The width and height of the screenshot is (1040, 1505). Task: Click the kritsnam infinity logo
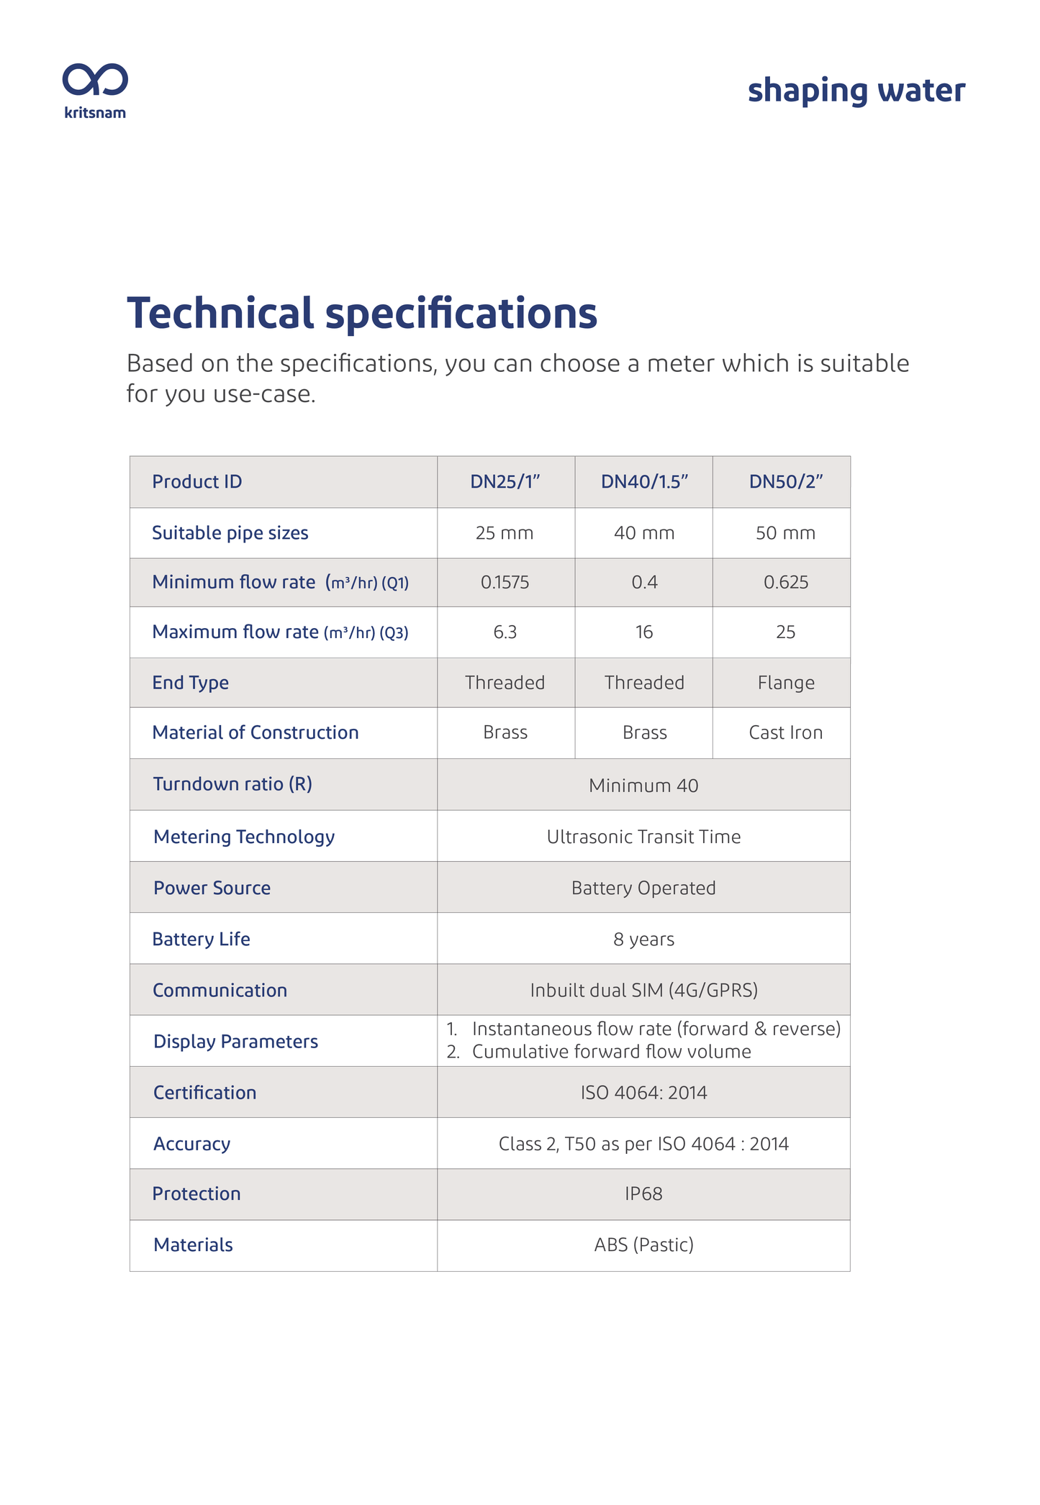pos(95,80)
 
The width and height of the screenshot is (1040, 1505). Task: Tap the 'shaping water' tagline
pos(856,91)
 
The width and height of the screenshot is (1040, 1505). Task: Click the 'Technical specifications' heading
pos(361,314)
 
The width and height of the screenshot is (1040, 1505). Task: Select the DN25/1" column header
pos(505,482)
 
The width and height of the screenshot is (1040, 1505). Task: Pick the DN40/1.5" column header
pos(644,482)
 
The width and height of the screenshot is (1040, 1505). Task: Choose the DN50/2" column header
pos(785,482)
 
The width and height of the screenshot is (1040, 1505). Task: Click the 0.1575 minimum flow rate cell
pos(505,583)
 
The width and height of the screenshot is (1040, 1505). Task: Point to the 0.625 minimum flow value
pos(785,583)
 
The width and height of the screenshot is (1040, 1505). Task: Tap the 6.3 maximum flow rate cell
pos(505,632)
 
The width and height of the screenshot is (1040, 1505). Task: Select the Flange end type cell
pos(785,683)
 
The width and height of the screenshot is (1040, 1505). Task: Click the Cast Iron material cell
pos(785,733)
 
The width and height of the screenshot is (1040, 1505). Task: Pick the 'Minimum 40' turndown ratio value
pos(643,786)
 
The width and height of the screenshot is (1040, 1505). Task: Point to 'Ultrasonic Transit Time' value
pos(643,837)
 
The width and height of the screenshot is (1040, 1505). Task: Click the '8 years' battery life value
pos(643,940)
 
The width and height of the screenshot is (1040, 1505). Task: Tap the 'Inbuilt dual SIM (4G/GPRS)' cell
pos(643,991)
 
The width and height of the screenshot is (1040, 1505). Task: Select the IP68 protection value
pos(643,1194)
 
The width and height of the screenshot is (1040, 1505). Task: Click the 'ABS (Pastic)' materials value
pos(643,1245)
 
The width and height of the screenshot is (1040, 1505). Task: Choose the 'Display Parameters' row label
pos(235,1042)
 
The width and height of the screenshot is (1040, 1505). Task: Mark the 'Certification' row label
pos(204,1093)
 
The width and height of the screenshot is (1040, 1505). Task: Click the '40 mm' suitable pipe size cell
pos(644,533)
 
